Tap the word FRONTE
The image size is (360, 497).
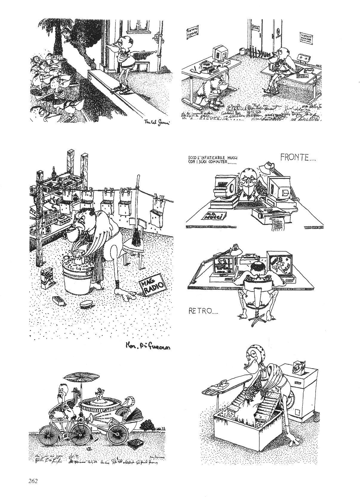pyautogui.click(x=298, y=157)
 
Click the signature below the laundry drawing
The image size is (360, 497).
pyautogui.click(x=147, y=346)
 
